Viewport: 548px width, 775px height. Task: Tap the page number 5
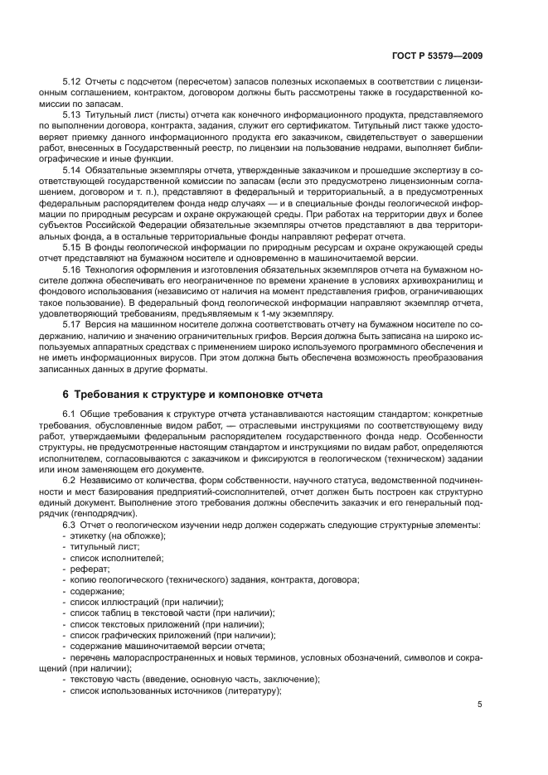(480, 705)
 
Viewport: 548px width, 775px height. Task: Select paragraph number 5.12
(72, 84)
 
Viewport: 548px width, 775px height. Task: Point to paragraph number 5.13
(72, 114)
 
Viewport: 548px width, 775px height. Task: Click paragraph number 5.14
(72, 170)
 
